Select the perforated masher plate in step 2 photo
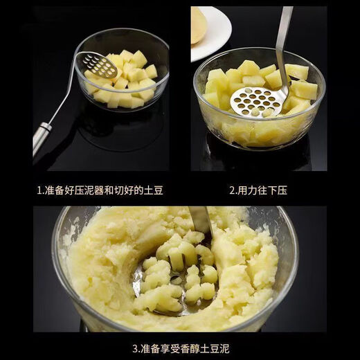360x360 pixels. tap(258, 102)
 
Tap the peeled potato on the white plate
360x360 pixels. tap(199, 25)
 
